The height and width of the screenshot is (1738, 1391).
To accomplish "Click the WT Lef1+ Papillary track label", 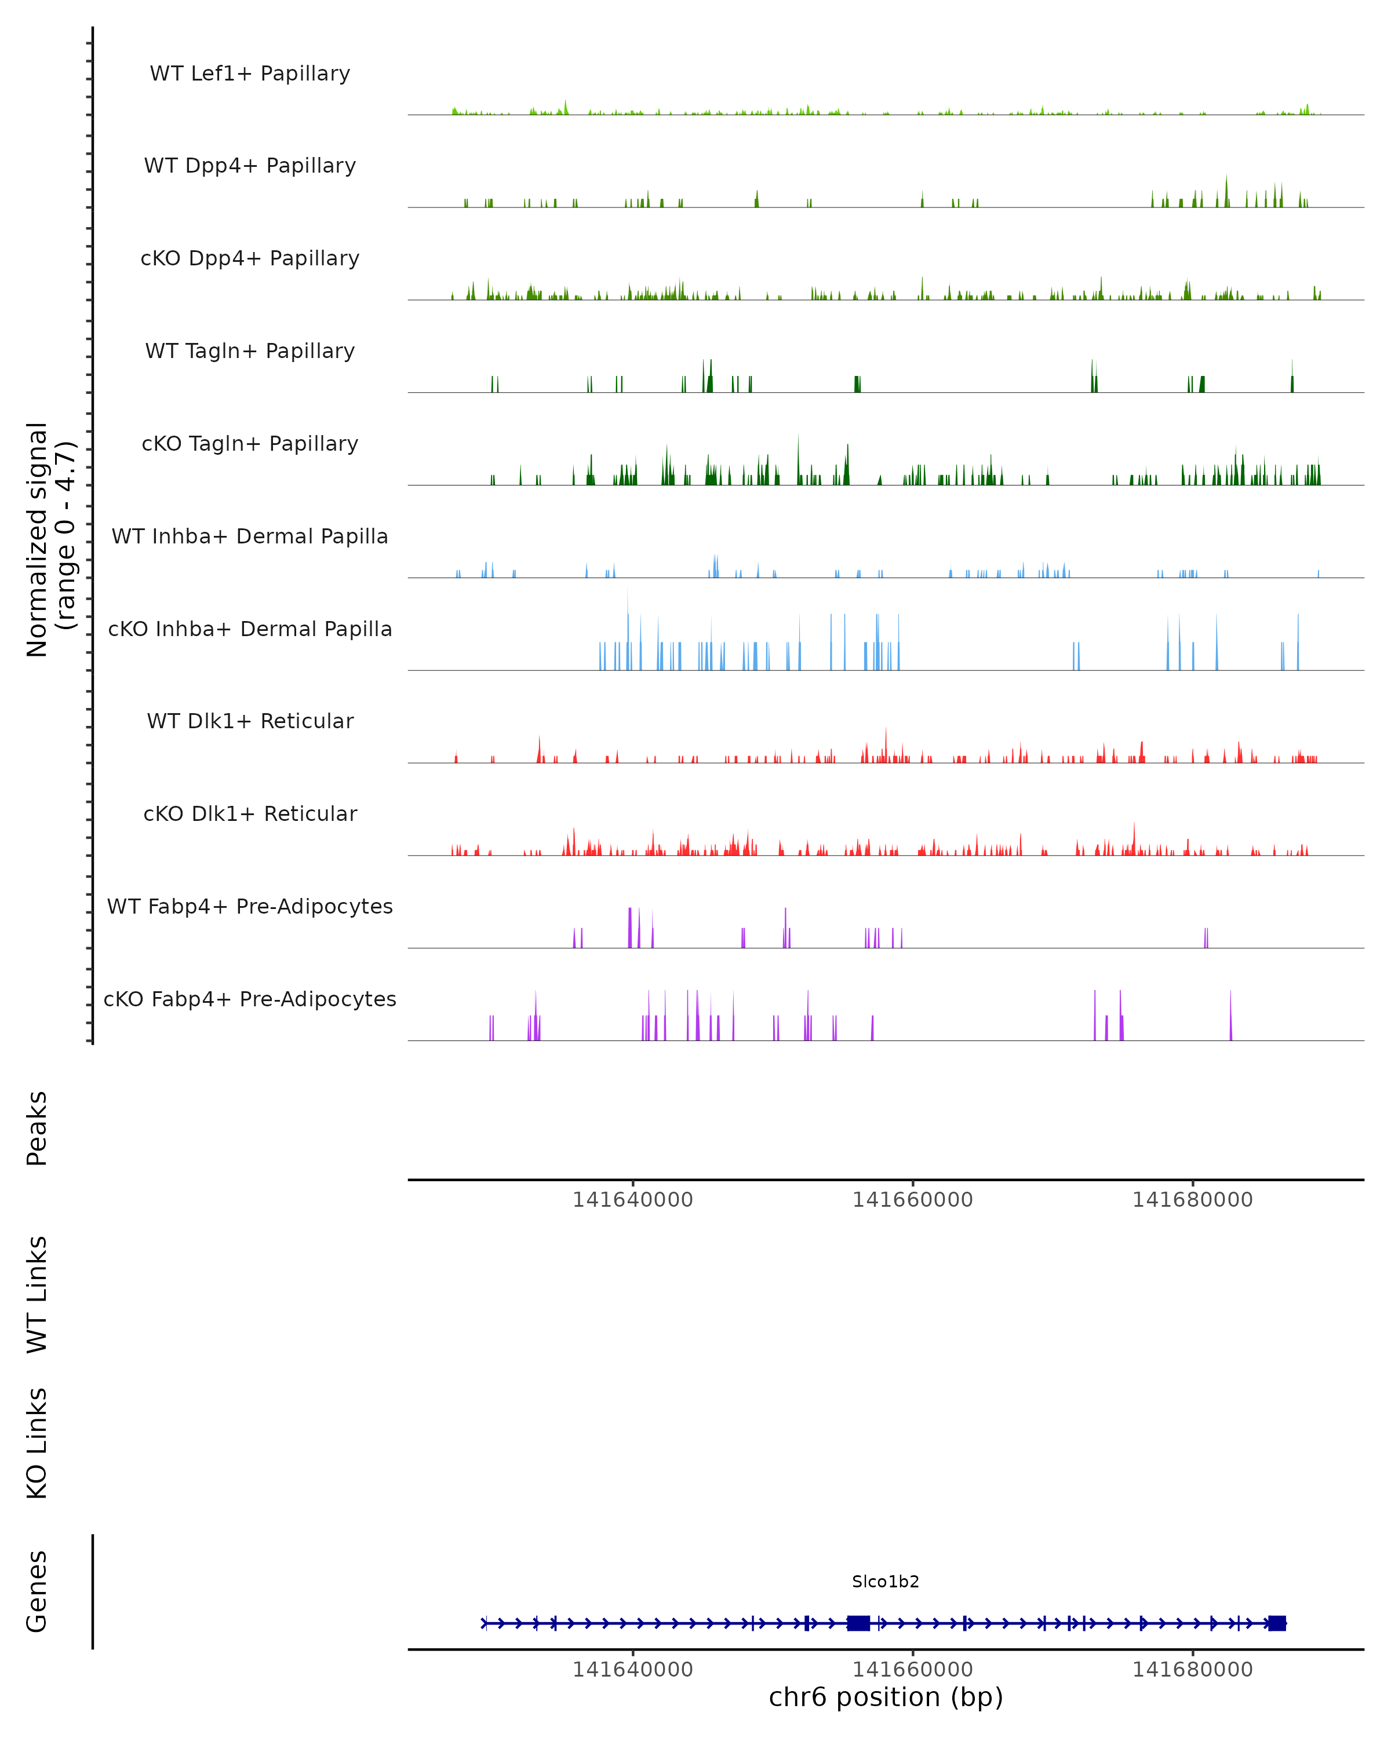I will [x=250, y=74].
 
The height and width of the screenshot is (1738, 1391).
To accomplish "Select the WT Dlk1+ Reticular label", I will [x=250, y=721].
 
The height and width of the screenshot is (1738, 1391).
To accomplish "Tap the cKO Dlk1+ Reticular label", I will [x=250, y=813].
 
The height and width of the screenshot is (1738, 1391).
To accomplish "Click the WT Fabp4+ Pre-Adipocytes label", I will [x=250, y=906].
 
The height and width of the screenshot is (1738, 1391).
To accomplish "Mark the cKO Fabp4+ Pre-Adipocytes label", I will [x=250, y=999].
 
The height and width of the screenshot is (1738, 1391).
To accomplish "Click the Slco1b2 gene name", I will [x=886, y=1582].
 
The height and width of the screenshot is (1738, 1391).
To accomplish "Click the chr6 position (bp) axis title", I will [x=886, y=1697].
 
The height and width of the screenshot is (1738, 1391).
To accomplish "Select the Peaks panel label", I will [x=37, y=1129].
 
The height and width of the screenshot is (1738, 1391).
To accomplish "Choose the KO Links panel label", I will [x=37, y=1444].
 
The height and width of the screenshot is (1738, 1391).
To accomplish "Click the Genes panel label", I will [x=37, y=1591].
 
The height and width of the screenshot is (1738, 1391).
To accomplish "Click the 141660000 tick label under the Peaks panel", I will [x=913, y=1200].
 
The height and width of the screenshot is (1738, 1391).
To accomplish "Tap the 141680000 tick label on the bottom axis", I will [x=1193, y=1670].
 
